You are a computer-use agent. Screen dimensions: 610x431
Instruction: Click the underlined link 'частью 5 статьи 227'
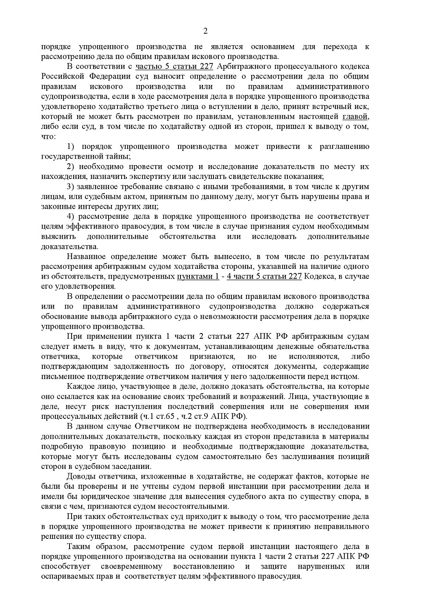(x=174, y=67)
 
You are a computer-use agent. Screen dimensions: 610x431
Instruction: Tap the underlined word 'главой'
(x=356, y=117)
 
